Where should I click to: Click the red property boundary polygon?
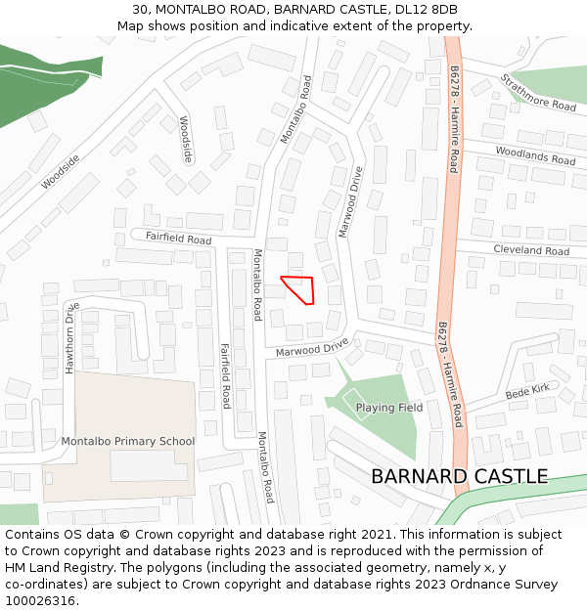pyautogui.click(x=299, y=289)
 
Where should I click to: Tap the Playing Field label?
pyautogui.click(x=389, y=408)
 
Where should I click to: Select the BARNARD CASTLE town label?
pyautogui.click(x=459, y=476)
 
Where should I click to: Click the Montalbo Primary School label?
pyautogui.click(x=128, y=441)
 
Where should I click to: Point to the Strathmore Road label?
pyautogui.click(x=538, y=92)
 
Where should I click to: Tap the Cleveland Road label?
pyautogui.click(x=531, y=250)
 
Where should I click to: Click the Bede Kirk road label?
pyautogui.click(x=528, y=391)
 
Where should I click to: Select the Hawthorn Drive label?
pyautogui.click(x=70, y=337)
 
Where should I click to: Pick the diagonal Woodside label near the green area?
pyautogui.click(x=61, y=171)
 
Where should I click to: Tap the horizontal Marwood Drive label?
pyautogui.click(x=312, y=348)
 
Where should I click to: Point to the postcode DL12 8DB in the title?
pyautogui.click(x=427, y=10)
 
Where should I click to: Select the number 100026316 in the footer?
pyautogui.click(x=40, y=600)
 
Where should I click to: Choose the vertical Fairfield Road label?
pyautogui.click(x=226, y=376)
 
